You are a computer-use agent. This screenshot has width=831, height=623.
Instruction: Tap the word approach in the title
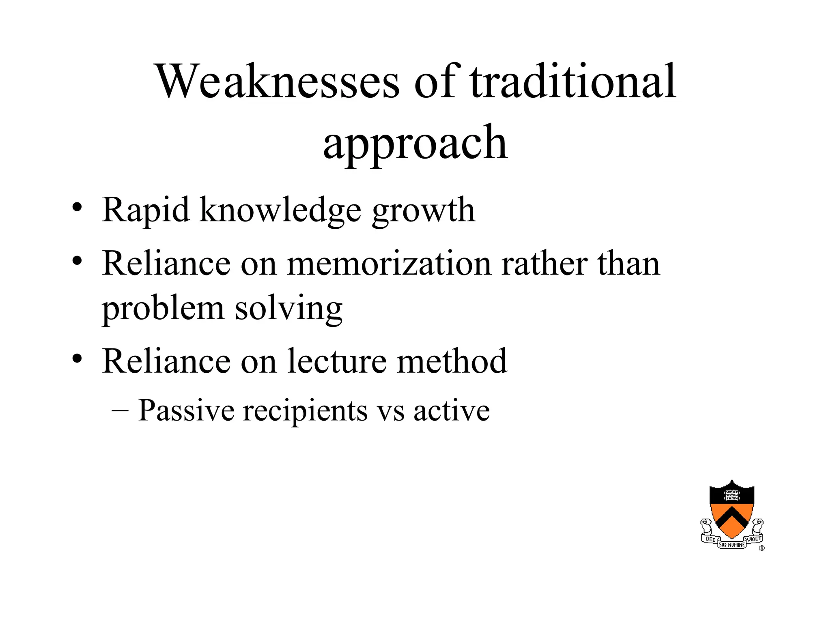point(415,143)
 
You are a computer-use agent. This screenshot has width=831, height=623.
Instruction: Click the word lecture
point(337,361)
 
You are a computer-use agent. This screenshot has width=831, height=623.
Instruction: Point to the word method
point(452,361)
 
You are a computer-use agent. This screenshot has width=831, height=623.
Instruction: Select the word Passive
point(186,410)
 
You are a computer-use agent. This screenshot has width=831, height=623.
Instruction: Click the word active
point(451,410)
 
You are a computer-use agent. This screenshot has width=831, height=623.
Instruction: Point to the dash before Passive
point(120,410)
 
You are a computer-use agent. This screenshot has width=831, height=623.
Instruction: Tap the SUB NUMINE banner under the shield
point(732,545)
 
